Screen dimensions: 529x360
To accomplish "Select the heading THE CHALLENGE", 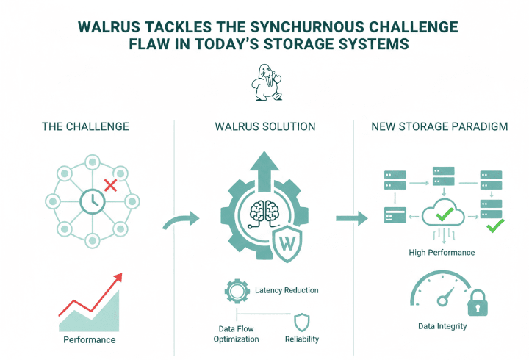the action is coord(87,126).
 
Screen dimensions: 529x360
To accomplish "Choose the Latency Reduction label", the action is coord(287,290).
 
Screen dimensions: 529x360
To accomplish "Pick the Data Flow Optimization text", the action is coord(236,334).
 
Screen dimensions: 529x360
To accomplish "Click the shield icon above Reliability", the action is coord(302,322).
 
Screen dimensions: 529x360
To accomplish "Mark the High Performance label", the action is coord(442,252).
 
